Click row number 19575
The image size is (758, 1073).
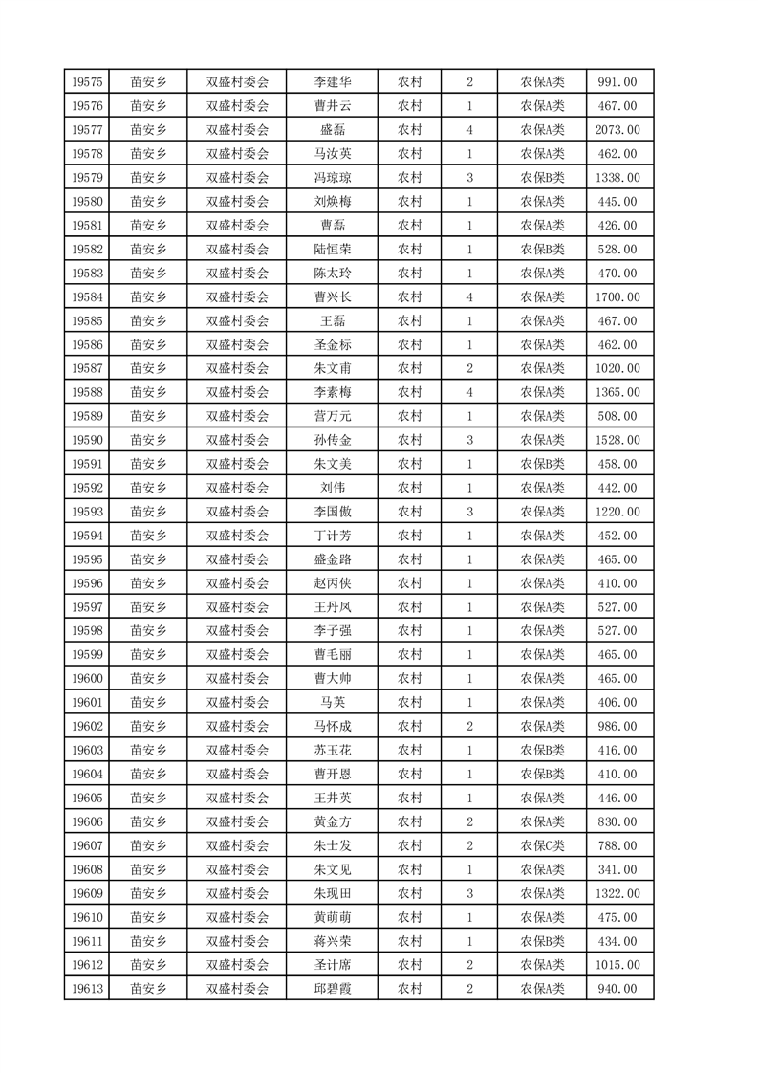(x=86, y=82)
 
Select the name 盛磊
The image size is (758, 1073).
(x=333, y=130)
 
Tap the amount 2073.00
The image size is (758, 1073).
(x=617, y=130)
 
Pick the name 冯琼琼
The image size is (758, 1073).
(x=333, y=178)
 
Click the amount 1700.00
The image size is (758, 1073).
(x=617, y=297)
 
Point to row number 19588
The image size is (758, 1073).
(x=86, y=392)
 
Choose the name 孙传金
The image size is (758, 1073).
(x=333, y=440)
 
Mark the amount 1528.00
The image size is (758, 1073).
(x=617, y=440)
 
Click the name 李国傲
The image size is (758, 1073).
(x=333, y=512)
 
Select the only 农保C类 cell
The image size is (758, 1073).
(x=542, y=845)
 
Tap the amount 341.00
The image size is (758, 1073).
(x=617, y=869)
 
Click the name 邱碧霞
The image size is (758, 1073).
(x=333, y=989)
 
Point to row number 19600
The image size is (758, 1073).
(x=86, y=678)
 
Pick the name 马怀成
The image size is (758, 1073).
(x=333, y=726)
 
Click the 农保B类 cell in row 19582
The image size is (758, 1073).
(x=542, y=250)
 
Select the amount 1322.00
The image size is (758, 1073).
(x=617, y=893)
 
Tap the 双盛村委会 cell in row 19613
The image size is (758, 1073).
(x=238, y=989)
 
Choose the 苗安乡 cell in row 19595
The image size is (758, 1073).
(x=148, y=559)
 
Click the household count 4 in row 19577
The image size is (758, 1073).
(x=469, y=130)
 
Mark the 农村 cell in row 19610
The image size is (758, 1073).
(x=410, y=917)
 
